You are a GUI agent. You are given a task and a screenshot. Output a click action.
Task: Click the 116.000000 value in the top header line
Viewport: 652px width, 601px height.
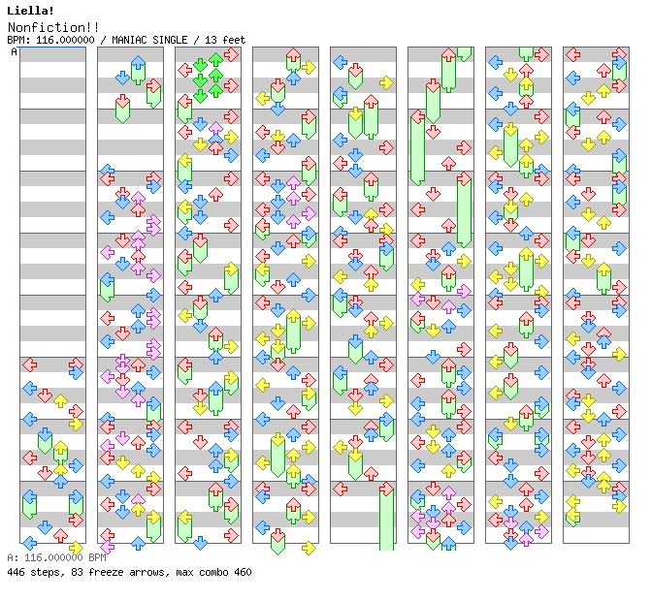pos(66,40)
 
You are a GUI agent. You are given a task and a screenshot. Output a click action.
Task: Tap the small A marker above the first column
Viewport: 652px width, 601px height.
pos(14,51)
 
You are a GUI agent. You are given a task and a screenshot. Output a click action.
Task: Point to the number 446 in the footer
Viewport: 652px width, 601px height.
pos(16,572)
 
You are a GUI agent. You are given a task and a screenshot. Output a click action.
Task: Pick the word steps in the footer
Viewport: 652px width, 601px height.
pos(46,572)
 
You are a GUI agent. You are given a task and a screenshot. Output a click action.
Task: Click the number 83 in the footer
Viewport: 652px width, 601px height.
pos(75,572)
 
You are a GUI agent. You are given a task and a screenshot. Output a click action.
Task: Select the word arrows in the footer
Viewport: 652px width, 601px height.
pos(145,572)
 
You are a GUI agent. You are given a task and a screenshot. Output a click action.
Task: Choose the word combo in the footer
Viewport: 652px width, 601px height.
pos(214,572)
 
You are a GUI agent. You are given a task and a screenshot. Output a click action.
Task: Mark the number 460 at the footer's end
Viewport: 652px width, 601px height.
pos(243,572)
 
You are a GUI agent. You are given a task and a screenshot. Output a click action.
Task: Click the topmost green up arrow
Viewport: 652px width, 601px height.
pos(215,60)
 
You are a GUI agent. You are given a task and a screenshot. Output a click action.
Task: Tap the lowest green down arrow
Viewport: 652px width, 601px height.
pos(200,95)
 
